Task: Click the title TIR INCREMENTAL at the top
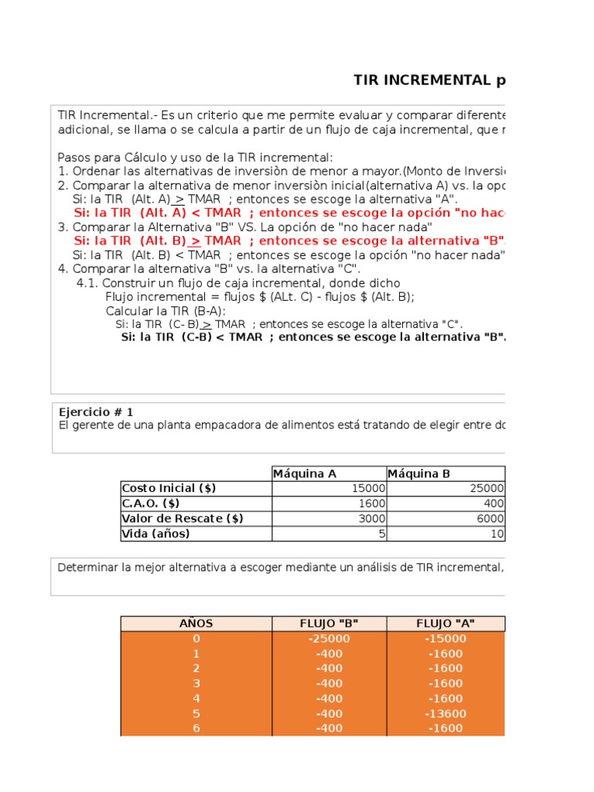tap(428, 80)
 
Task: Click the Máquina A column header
tap(305, 473)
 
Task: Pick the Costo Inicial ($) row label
tap(169, 488)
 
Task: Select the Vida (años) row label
tap(155, 534)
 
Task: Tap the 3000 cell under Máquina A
tap(370, 518)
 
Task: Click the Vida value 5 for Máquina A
tap(380, 534)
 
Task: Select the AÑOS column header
tap(196, 623)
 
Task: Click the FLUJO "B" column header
tap(329, 623)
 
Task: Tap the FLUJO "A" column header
tap(445, 623)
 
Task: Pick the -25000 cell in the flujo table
tap(329, 638)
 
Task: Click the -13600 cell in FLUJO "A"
tap(445, 713)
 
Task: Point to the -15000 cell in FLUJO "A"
tap(445, 638)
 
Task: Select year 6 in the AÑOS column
tap(196, 728)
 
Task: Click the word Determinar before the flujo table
tap(87, 568)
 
